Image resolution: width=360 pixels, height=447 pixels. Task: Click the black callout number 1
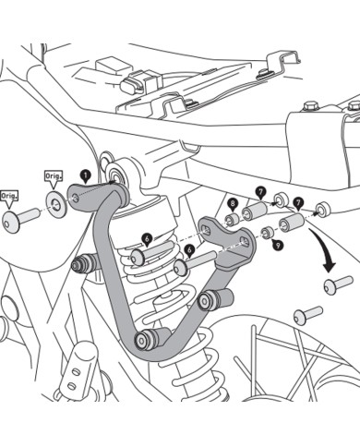pyautogui.click(x=85, y=173)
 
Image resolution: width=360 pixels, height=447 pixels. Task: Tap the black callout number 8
pyautogui.click(x=233, y=202)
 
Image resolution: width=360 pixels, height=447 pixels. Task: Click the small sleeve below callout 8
pyautogui.click(x=232, y=219)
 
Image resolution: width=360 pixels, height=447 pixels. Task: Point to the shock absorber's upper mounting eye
pyautogui.click(x=118, y=174)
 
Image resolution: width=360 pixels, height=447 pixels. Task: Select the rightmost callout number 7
pyautogui.click(x=298, y=200)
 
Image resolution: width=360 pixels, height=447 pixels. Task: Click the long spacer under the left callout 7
pyautogui.click(x=254, y=214)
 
